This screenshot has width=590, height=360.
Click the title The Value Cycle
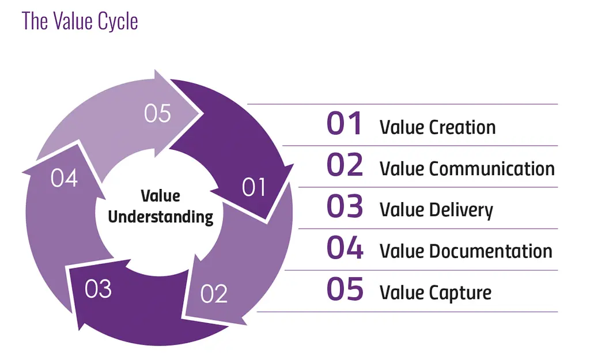[80, 21]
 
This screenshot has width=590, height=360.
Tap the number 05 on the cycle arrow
[157, 113]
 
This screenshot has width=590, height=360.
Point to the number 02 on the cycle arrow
[214, 294]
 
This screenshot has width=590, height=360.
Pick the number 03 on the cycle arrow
[98, 289]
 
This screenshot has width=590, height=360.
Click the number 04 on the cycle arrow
[64, 179]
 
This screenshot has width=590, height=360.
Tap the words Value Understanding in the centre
[161, 206]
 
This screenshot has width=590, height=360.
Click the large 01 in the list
[345, 124]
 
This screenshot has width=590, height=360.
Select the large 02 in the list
[345, 166]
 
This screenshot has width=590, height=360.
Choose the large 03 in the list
[345, 207]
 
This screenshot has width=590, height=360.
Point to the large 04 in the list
[345, 249]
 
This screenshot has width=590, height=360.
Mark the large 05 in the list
[345, 290]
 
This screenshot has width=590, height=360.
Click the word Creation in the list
[463, 127]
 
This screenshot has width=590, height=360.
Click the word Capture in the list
[460, 293]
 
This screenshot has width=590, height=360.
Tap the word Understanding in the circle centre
[161, 217]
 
